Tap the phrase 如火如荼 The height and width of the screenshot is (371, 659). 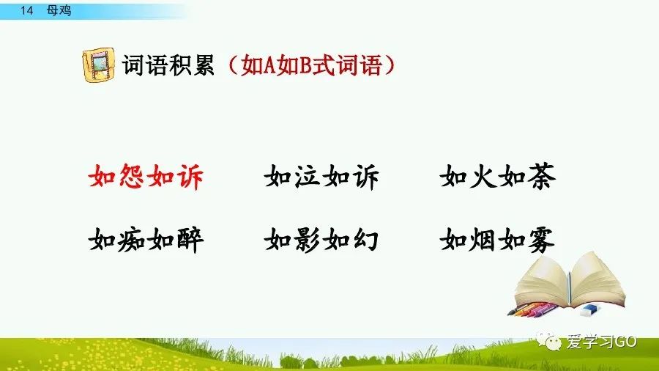click(498, 177)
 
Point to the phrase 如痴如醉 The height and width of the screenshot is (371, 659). click(146, 239)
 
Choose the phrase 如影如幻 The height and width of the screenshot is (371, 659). click(321, 239)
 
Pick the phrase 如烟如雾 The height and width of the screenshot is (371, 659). click(498, 239)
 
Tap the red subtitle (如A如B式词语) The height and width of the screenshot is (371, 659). click(310, 66)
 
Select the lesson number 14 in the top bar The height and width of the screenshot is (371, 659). click(28, 11)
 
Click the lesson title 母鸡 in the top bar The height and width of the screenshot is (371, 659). click(58, 11)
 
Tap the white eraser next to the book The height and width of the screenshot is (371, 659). click(589, 310)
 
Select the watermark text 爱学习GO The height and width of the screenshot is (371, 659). click(606, 342)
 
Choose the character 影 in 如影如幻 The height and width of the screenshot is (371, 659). click(308, 239)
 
